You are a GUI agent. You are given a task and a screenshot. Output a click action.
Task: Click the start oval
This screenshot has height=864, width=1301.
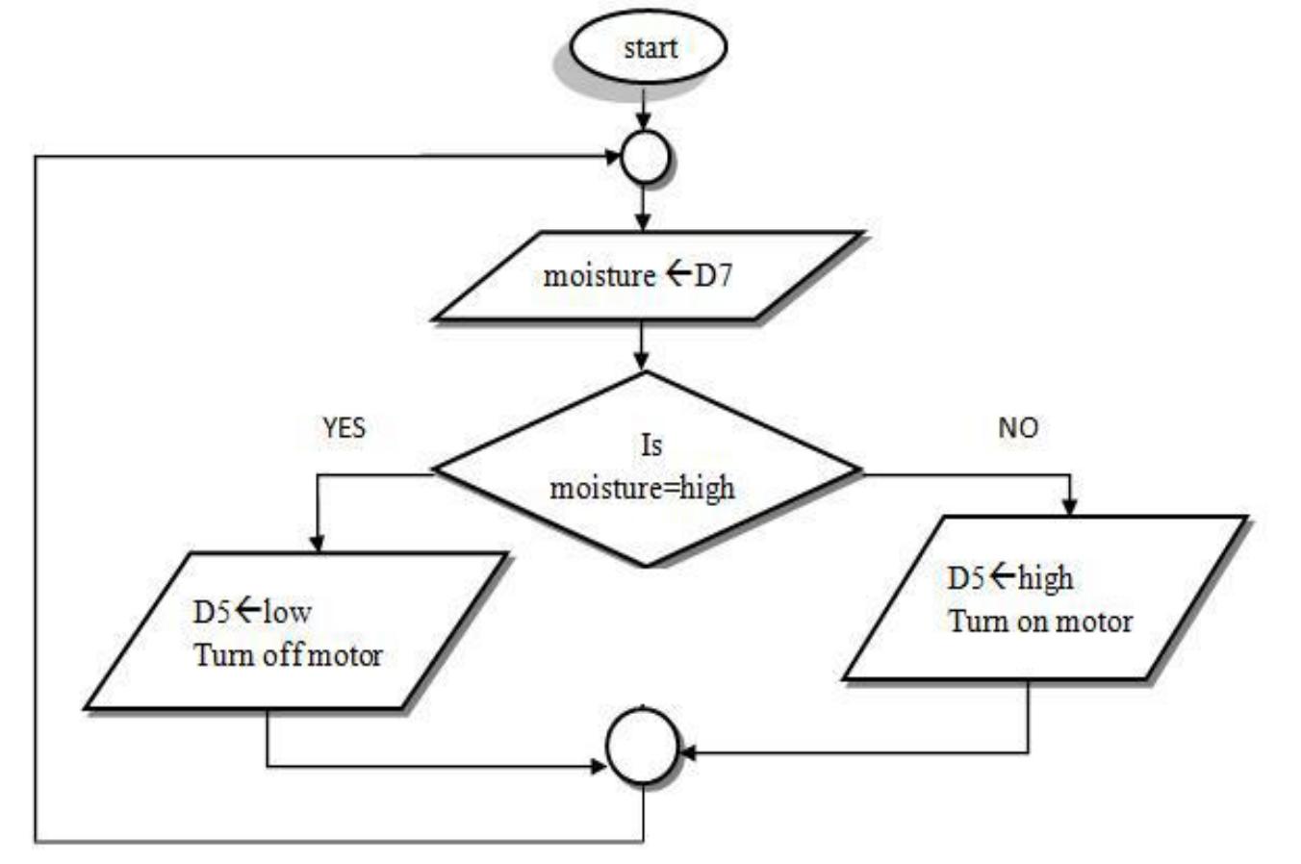tap(649, 46)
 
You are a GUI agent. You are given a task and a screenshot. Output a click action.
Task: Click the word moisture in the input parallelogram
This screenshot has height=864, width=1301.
tap(599, 276)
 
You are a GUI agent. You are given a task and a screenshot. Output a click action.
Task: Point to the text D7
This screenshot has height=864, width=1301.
tap(713, 276)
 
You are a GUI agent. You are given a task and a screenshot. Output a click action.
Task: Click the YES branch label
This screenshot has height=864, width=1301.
tap(344, 428)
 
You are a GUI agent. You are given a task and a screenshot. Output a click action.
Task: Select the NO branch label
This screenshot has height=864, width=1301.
tap(1018, 428)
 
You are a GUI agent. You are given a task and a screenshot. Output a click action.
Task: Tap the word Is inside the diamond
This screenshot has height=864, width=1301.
tap(651, 445)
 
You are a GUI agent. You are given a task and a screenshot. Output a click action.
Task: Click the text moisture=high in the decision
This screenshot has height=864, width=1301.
tap(643, 489)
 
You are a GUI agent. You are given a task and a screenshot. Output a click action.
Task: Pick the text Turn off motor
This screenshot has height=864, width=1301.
tap(288, 655)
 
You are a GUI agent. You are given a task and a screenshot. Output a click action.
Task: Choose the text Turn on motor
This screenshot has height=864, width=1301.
tap(1040, 622)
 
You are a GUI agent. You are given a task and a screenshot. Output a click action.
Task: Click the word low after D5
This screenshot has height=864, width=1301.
tap(288, 613)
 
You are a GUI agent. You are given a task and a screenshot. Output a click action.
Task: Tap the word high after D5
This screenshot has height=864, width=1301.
tap(1046, 579)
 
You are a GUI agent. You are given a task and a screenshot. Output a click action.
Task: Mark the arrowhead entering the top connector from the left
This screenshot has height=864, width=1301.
tap(613, 157)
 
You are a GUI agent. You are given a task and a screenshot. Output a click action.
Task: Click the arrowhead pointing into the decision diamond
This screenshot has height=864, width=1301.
tap(641, 361)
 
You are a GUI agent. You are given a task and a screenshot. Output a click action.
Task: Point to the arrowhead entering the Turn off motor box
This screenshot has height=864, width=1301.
tap(317, 543)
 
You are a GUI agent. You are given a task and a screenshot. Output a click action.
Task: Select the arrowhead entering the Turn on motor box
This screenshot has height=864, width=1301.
tap(1070, 506)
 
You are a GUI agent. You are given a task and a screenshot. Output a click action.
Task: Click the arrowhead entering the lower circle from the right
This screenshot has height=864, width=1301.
tap(688, 752)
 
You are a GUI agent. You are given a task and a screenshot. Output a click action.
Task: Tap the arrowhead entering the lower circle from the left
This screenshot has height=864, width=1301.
tap(599, 767)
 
